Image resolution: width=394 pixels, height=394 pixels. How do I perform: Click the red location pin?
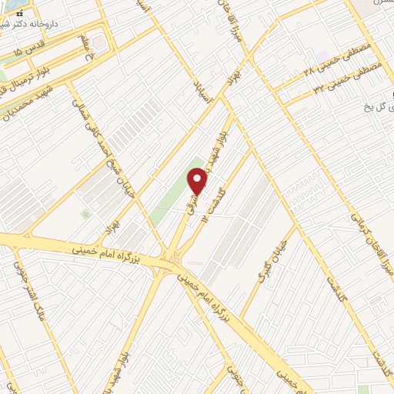[x=199, y=182]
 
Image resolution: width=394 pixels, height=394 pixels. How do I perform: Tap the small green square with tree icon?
[x=85, y=214]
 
